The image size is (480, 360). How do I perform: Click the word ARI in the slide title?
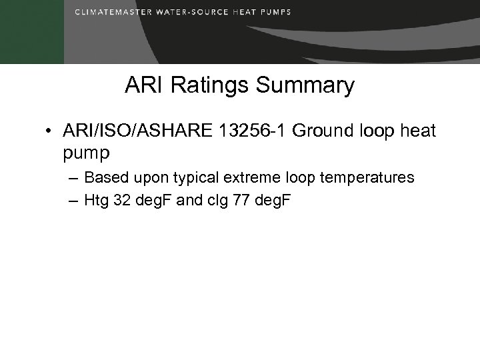pyautogui.click(x=140, y=86)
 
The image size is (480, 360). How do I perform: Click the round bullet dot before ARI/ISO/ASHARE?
pyautogui.click(x=50, y=131)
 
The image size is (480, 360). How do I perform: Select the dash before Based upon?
pyautogui.click(x=71, y=178)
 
